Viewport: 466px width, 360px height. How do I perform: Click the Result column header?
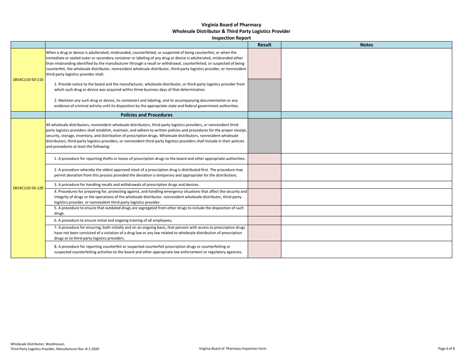pos(264,45)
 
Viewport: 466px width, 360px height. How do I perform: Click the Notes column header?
pos(366,45)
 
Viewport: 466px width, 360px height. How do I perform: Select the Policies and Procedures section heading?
pos(147,115)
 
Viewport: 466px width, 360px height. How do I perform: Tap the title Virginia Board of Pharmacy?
pos(231,25)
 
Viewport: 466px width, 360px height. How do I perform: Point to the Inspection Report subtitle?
pos(231,38)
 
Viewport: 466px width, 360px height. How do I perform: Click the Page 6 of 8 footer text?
pos(446,348)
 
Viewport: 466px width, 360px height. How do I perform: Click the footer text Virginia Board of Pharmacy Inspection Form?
pos(233,348)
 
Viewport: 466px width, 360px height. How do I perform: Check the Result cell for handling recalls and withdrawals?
pos(264,184)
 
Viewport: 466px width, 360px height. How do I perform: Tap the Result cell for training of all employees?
pos(264,220)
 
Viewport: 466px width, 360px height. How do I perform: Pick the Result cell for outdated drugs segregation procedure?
pos(264,211)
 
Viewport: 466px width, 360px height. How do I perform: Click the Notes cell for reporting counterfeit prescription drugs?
pos(366,249)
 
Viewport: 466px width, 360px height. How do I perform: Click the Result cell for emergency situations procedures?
pos(264,196)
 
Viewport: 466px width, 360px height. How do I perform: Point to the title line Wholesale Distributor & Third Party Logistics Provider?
pos(231,31)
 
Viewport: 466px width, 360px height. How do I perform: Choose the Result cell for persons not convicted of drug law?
pos(264,232)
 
